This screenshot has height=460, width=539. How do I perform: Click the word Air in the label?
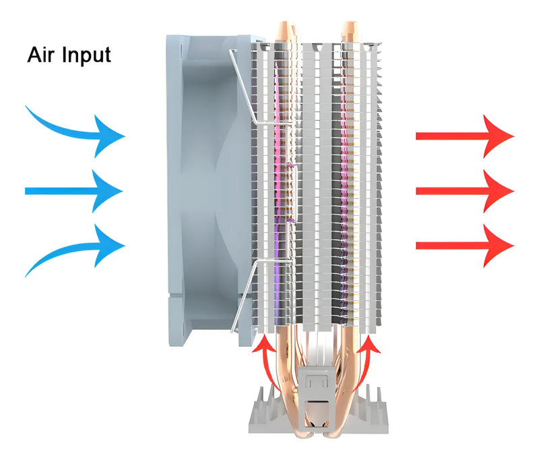(x=42, y=55)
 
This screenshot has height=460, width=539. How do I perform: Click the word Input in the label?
(x=86, y=55)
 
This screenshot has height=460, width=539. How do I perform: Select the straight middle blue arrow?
(x=74, y=191)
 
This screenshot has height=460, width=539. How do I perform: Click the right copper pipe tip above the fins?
(x=351, y=30)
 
